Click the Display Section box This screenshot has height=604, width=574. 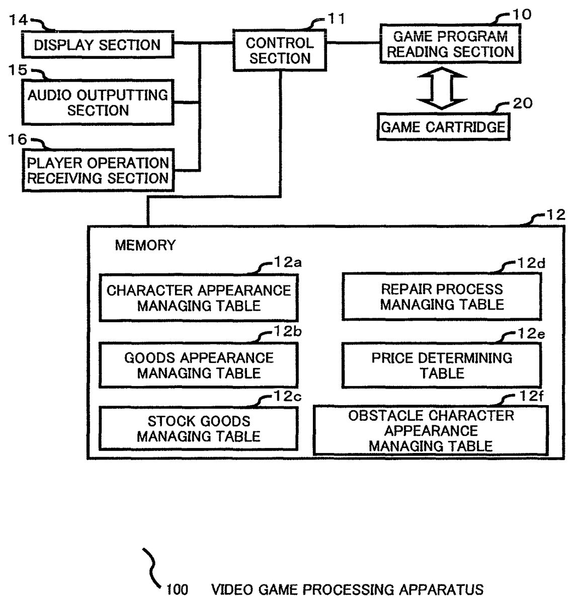click(x=98, y=45)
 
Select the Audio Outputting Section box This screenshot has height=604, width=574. click(x=98, y=103)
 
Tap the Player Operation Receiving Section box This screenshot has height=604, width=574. click(x=98, y=170)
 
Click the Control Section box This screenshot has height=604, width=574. click(x=279, y=50)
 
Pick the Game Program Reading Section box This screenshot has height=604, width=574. click(x=450, y=44)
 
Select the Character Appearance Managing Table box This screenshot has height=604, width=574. click(x=199, y=298)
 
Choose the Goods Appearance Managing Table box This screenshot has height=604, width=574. click(x=199, y=365)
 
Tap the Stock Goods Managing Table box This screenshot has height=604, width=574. click(x=199, y=429)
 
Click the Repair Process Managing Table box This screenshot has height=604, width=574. click(x=442, y=297)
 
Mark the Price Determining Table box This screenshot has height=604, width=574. click(x=442, y=365)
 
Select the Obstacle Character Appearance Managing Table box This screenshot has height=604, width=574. click(x=431, y=431)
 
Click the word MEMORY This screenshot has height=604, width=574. click(x=145, y=245)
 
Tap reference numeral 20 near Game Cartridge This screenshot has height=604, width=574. click(x=522, y=103)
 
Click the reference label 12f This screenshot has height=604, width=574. click(x=531, y=396)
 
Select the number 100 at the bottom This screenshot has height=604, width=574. click(x=177, y=589)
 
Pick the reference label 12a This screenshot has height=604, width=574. click(x=288, y=262)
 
